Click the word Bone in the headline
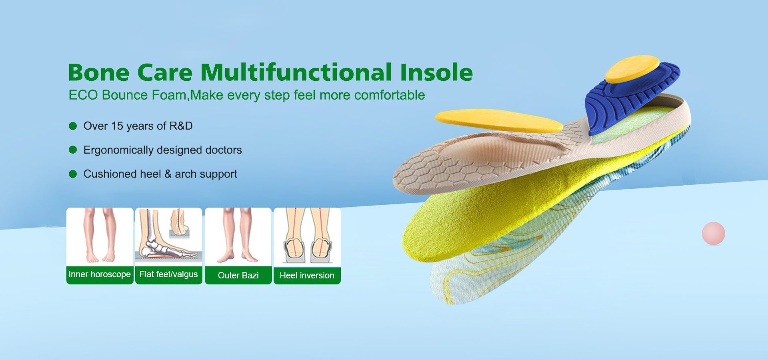[99, 73]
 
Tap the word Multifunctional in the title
[296, 73]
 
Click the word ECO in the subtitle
[83, 95]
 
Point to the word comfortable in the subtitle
[389, 95]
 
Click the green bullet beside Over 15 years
[73, 126]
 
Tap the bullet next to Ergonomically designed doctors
[73, 150]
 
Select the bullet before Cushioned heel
[73, 174]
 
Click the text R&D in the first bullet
[181, 126]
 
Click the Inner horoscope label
[100, 274]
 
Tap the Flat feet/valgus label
[168, 274]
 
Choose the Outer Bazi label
[238, 275]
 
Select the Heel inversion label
[307, 275]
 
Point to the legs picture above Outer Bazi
[238, 236]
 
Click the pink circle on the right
[713, 234]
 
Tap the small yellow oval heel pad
[632, 69]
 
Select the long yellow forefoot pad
[498, 120]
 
